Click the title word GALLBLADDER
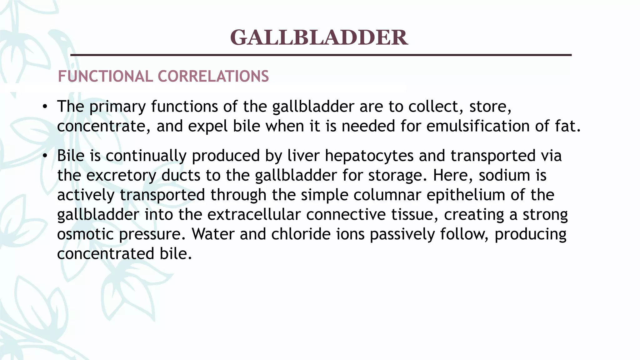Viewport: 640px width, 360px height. (319, 37)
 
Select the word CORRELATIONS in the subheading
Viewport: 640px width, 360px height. (213, 77)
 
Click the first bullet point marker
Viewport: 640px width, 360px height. (45, 107)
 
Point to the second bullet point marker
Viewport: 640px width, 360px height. (45, 156)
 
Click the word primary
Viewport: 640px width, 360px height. (117, 107)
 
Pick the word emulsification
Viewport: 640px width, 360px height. (478, 127)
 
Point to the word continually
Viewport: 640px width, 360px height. (146, 156)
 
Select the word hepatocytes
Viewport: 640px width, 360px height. (369, 156)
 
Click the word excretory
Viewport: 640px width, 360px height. (121, 176)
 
